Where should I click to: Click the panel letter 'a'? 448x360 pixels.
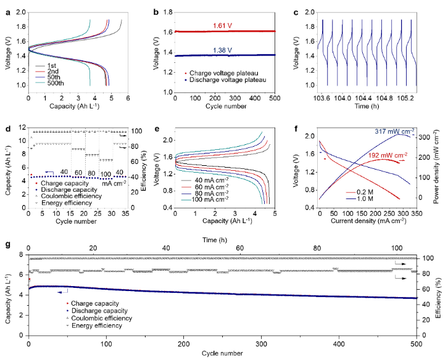[7, 10]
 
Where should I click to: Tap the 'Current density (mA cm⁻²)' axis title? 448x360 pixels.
[367, 220]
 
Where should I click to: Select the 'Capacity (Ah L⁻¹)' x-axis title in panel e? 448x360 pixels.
[222, 220]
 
